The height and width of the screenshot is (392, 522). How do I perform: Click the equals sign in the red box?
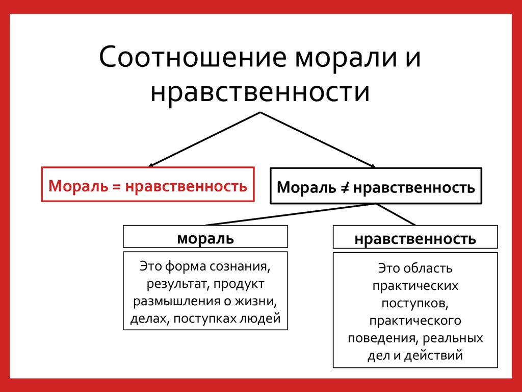tap(116, 185)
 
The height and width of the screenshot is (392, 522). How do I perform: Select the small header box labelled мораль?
tap(205, 237)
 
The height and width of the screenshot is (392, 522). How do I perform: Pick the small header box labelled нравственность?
tap(415, 238)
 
